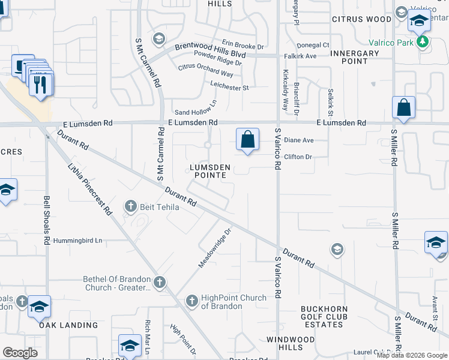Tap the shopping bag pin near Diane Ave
pyautogui.click(x=247, y=140)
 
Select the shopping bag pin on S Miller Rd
pyautogui.click(x=404, y=109)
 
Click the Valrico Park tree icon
pyautogui.click(x=424, y=41)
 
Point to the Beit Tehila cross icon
pyautogui.click(x=130, y=207)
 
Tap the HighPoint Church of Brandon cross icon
pyautogui.click(x=191, y=300)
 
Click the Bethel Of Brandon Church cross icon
pyautogui.click(x=159, y=281)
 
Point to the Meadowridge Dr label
pyautogui.click(x=215, y=247)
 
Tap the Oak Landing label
pyautogui.click(x=68, y=325)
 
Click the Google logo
pyautogui.click(x=20, y=352)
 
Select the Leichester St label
pyautogui.click(x=229, y=88)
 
